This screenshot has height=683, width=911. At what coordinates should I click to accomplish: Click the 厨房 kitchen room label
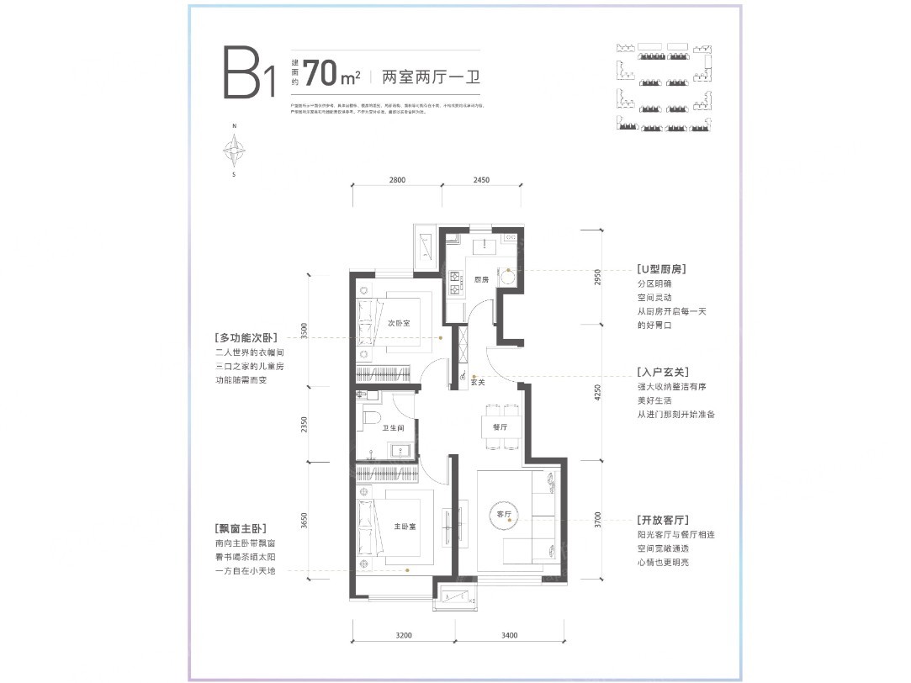(x=481, y=279)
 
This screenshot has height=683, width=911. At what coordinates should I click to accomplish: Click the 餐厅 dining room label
(x=500, y=427)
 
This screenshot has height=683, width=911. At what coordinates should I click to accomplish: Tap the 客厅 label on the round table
(x=505, y=514)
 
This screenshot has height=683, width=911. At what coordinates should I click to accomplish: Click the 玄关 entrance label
(x=476, y=382)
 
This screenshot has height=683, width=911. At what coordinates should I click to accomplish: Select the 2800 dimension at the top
(x=397, y=180)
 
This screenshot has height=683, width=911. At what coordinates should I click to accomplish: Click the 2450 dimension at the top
(x=480, y=180)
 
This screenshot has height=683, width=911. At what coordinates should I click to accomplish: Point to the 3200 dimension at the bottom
(x=403, y=635)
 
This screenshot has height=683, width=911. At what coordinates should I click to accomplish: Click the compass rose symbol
(x=234, y=151)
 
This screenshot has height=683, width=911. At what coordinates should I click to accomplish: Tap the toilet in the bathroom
(x=371, y=417)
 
